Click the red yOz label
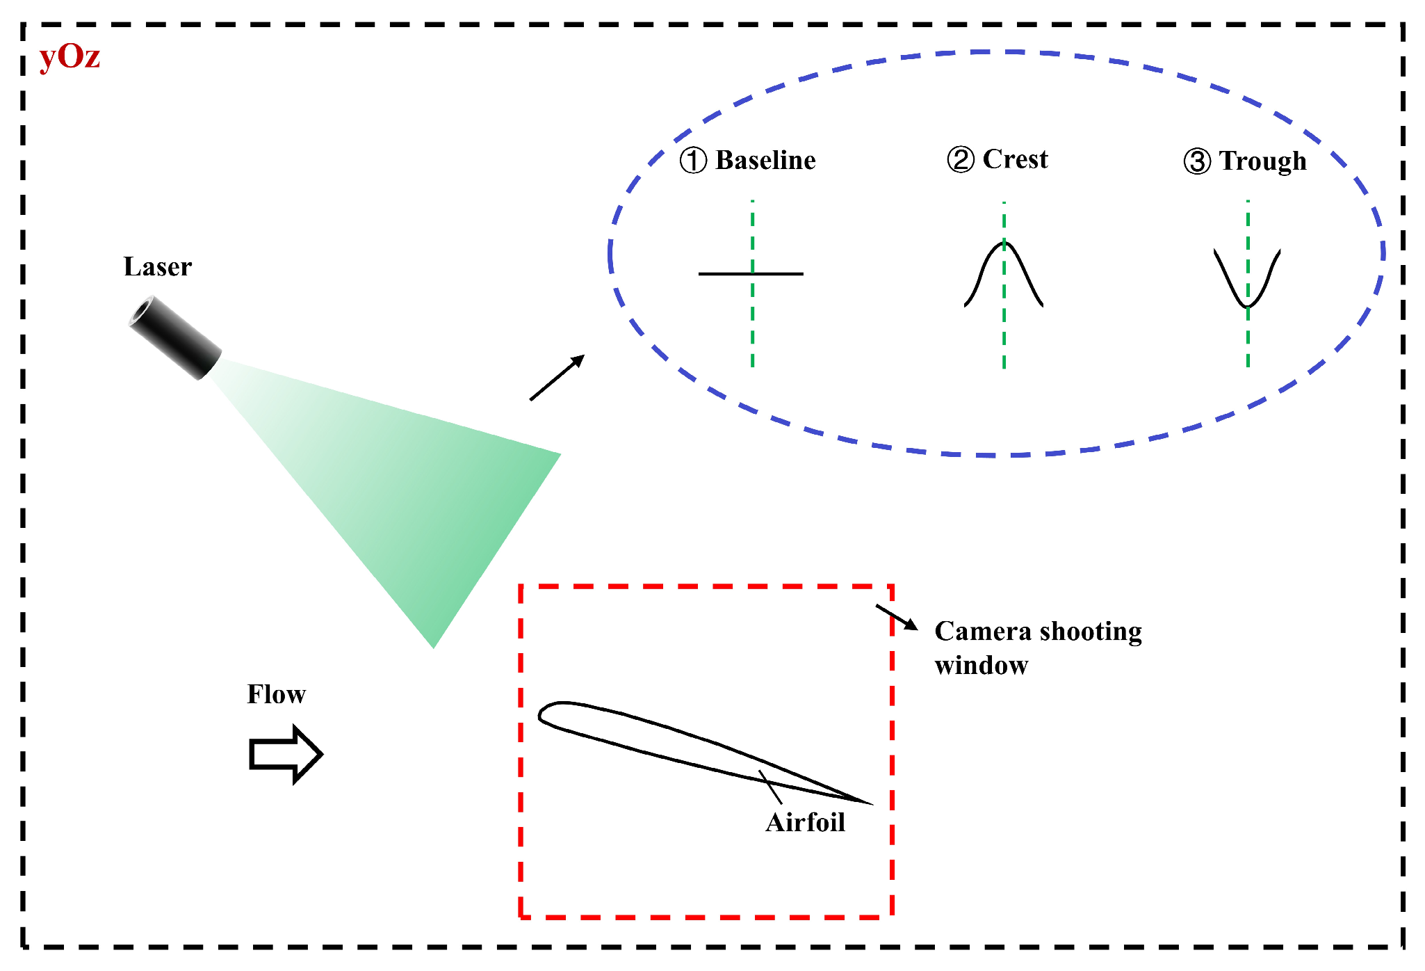(70, 57)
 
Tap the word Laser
(158, 267)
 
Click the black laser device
(174, 337)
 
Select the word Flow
(276, 694)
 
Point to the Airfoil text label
(805, 823)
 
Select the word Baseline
(765, 161)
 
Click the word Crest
(1015, 160)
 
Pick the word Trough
(1262, 161)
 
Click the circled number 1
(693, 161)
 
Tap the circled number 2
(961, 160)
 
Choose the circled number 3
(1197, 161)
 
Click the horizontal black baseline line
(723, 274)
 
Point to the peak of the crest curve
(1004, 243)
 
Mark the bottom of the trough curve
(1248, 305)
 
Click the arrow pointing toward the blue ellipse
(557, 378)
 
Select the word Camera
(982, 632)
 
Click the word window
(981, 666)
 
